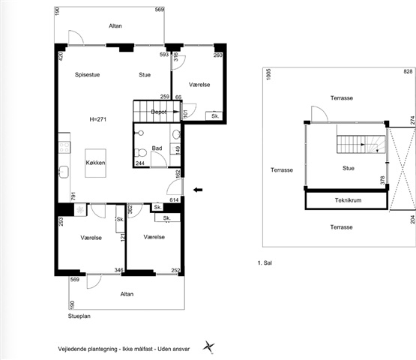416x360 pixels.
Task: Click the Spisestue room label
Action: tap(87, 74)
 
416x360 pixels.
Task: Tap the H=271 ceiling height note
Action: tap(97, 119)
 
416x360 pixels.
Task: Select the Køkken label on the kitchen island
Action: tap(95, 163)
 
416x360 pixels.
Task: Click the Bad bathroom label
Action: tap(157, 148)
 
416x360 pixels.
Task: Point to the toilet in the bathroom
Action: tap(141, 153)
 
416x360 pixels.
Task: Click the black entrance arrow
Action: tap(198, 190)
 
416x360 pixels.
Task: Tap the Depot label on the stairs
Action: tap(159, 112)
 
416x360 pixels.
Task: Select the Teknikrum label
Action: tap(348, 200)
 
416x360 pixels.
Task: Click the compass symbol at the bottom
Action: tap(208, 347)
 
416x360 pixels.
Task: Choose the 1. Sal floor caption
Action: tap(265, 263)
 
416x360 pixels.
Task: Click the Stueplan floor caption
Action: tap(79, 316)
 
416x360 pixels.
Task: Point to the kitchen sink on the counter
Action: tap(64, 172)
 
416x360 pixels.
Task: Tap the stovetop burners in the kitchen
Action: tap(64, 147)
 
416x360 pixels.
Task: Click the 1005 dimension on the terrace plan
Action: tap(269, 74)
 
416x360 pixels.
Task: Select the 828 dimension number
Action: tap(408, 71)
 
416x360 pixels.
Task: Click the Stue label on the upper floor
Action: tap(349, 168)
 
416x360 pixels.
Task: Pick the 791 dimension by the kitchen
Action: tap(73, 196)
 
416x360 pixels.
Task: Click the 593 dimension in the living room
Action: tap(164, 55)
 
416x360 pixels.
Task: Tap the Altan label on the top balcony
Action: tap(115, 25)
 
